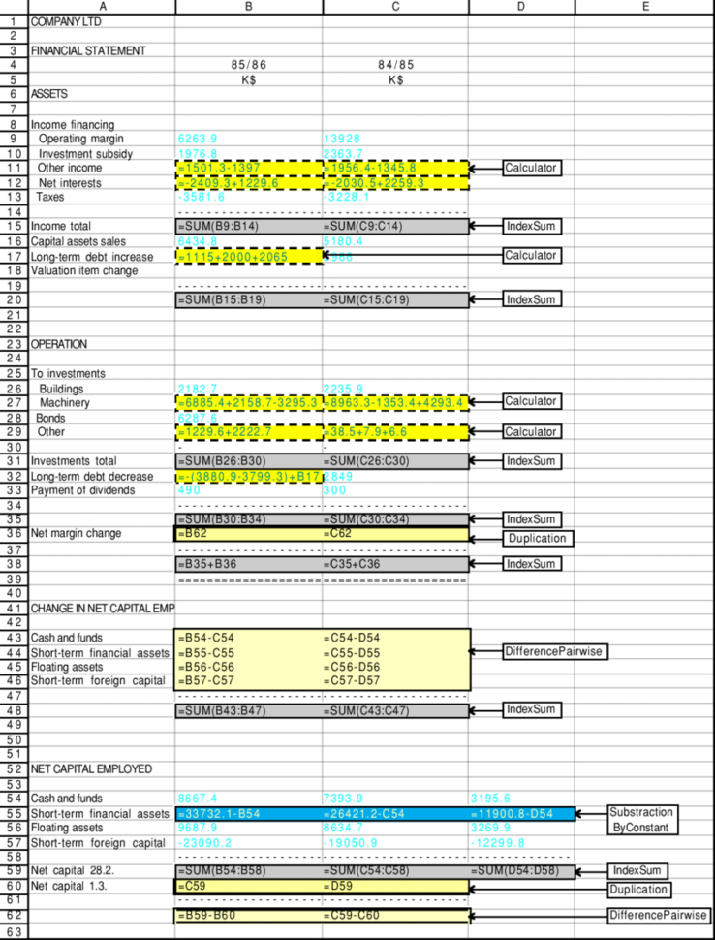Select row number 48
coord(15,710)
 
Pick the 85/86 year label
coord(248,65)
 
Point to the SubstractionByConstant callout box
coord(642,819)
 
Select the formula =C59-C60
coord(351,915)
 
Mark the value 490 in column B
coord(189,490)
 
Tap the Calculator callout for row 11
coord(532,168)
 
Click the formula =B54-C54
coord(205,638)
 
